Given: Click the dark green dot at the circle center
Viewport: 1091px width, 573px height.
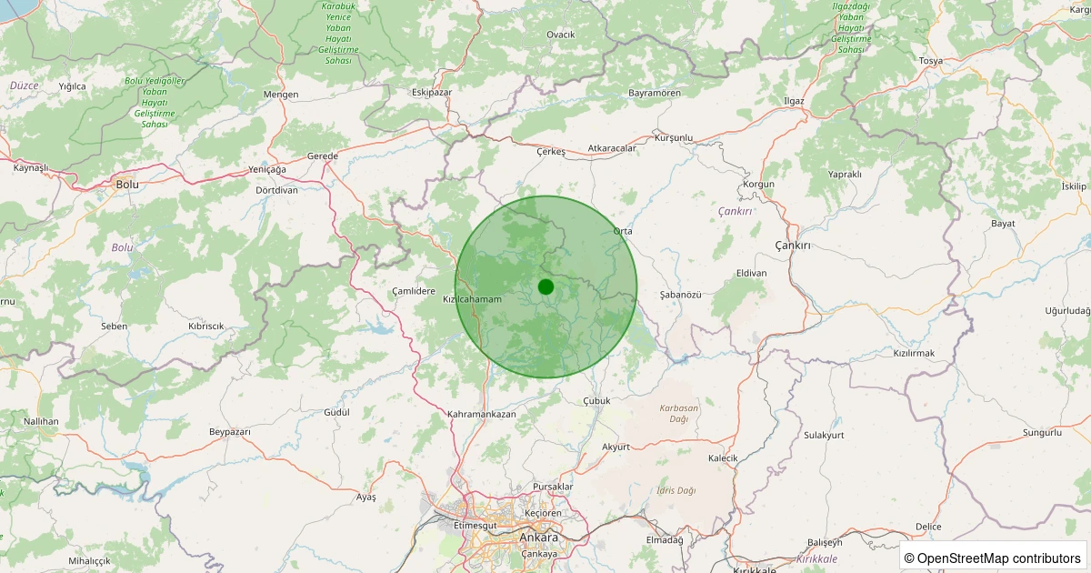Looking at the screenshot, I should (x=545, y=286).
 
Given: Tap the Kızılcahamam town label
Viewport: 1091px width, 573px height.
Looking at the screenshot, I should (x=472, y=299).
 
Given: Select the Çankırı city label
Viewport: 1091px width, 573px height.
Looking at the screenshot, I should (x=792, y=246).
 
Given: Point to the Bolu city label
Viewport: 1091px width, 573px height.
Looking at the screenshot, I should (x=126, y=184).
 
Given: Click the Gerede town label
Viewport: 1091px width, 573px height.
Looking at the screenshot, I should (x=323, y=156).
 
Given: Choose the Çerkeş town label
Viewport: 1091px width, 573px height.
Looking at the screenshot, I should (x=551, y=151).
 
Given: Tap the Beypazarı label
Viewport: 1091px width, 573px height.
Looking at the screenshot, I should (x=229, y=431).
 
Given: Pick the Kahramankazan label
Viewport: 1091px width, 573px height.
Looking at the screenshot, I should (x=482, y=414).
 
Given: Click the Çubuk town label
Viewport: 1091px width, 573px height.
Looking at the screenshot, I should (x=596, y=400).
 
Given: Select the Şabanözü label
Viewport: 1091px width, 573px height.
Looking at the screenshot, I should (x=681, y=295).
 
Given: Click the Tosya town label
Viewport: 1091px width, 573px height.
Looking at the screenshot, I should (x=931, y=61).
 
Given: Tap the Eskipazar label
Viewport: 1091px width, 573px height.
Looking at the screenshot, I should (x=432, y=93).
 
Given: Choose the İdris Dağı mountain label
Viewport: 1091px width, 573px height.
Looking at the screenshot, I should (x=676, y=490).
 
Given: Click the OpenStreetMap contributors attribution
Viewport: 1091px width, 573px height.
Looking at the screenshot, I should (x=993, y=558).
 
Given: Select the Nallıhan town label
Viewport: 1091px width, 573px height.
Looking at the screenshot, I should (x=41, y=421).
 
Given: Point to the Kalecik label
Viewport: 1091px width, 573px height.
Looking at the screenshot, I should (x=723, y=458).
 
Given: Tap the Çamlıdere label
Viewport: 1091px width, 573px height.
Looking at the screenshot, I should (x=414, y=290).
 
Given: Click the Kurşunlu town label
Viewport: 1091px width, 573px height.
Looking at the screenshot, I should (x=674, y=138).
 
